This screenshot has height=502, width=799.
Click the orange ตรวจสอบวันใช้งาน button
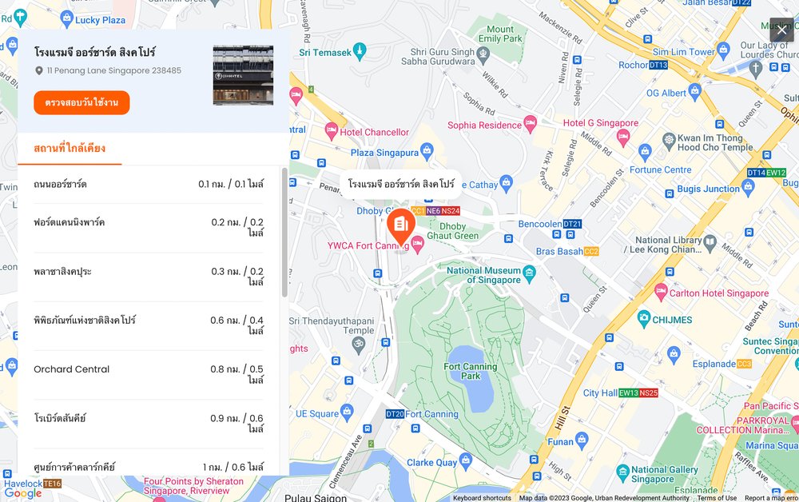pyautogui.click(x=81, y=103)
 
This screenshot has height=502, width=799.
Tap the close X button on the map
pyautogui.click(x=781, y=30)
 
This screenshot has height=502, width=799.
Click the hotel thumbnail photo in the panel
pyautogui.click(x=243, y=75)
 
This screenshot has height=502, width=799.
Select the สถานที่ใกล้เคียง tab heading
pyautogui.click(x=70, y=149)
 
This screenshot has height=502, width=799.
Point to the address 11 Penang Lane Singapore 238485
pyautogui.click(x=113, y=70)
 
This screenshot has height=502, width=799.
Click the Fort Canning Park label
pyautogui.click(x=470, y=372)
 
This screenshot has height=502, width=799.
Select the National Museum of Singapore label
pyautogui.click(x=483, y=276)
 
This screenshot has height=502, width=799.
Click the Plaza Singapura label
pyautogui.click(x=384, y=153)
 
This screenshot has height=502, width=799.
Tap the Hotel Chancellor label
pyautogui.click(x=374, y=132)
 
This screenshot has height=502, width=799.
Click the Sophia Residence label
pyautogui.click(x=484, y=125)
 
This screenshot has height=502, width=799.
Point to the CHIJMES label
pyautogui.click(x=671, y=320)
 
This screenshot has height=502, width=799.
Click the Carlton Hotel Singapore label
pyautogui.click(x=719, y=293)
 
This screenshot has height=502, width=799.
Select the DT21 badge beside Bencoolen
pyautogui.click(x=571, y=225)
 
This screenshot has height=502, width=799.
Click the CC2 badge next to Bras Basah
pyautogui.click(x=591, y=251)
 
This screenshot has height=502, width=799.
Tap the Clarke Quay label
pyautogui.click(x=431, y=463)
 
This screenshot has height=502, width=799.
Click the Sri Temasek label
pyautogui.click(x=325, y=53)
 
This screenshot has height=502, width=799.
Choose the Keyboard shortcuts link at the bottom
pyautogui.click(x=482, y=498)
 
